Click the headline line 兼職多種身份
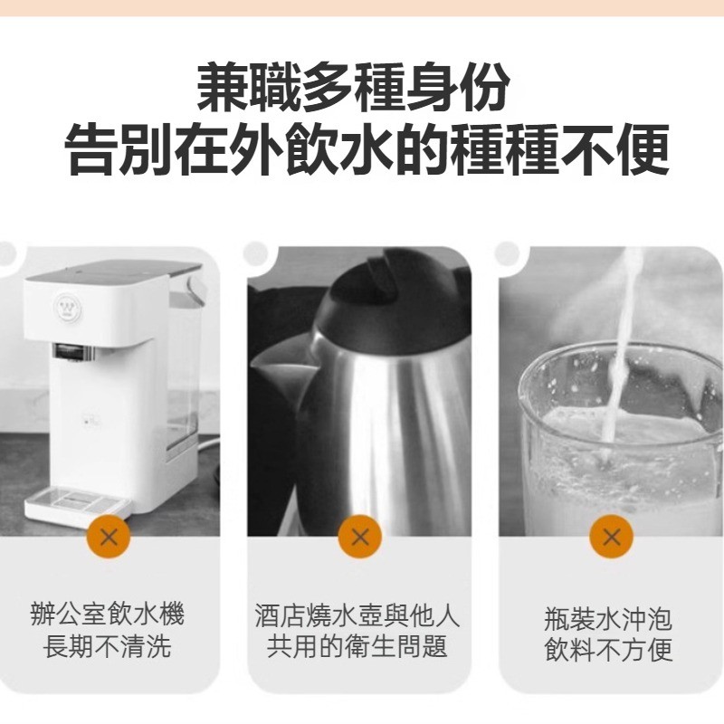(354, 87)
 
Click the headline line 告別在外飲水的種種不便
(367, 149)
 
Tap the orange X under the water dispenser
(109, 537)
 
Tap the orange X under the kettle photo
(359, 537)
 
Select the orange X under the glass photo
(612, 537)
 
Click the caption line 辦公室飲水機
(108, 614)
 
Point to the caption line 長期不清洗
(108, 645)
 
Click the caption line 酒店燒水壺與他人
(357, 615)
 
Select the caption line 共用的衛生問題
(357, 645)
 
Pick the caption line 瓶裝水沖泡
(608, 619)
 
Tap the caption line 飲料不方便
(608, 649)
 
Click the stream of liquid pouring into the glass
(621, 351)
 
